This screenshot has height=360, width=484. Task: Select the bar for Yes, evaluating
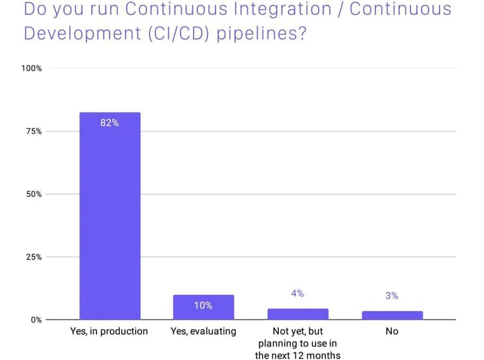203,307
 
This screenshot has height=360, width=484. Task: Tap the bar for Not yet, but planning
298,314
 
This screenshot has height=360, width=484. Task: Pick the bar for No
392,315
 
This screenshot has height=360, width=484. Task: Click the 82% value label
109,123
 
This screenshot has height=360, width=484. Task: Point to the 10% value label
203,306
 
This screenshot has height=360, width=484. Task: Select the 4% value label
297,293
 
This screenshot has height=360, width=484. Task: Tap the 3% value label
392,296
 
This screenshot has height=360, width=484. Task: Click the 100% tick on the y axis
32,68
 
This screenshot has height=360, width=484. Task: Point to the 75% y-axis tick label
33,131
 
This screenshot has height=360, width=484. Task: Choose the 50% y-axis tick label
33,194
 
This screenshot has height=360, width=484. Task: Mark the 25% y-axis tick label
33,257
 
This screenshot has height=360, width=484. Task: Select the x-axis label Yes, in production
109,331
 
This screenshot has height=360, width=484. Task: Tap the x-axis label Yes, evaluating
203,331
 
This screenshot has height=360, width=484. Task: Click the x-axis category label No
392,331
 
